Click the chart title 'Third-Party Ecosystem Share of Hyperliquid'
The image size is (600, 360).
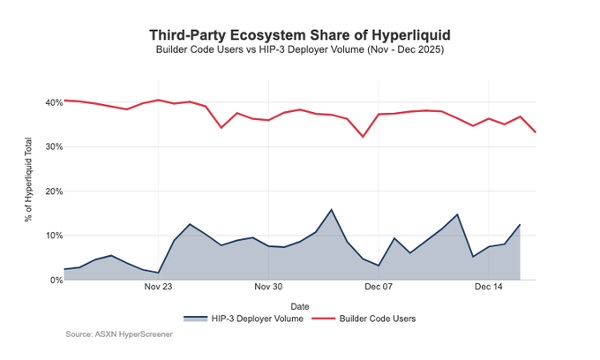pyautogui.click(x=300, y=34)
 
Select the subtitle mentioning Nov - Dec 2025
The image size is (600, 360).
pyautogui.click(x=300, y=50)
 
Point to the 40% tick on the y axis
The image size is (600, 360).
pyautogui.click(x=49, y=102)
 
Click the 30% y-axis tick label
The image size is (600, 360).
pyautogui.click(x=49, y=146)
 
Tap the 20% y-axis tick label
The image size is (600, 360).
pyautogui.click(x=49, y=191)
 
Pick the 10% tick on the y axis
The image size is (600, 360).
pyautogui.click(x=49, y=236)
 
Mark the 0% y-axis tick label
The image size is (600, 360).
pyautogui.click(x=52, y=280)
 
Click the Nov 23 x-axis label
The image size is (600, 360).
pyautogui.click(x=158, y=288)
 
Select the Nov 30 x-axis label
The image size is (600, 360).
pyautogui.click(x=268, y=288)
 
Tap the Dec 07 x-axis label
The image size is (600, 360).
pyautogui.click(x=379, y=288)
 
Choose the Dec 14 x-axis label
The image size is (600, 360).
pyautogui.click(x=489, y=288)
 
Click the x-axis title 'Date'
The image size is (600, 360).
pyautogui.click(x=299, y=304)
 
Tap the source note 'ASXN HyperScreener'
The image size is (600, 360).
pyautogui.click(x=118, y=334)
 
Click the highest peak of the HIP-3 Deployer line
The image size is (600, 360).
pyautogui.click(x=331, y=210)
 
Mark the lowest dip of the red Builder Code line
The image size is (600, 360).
pyautogui.click(x=363, y=137)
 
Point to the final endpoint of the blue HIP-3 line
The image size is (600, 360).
pyautogui.click(x=520, y=225)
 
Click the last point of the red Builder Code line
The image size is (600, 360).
pyautogui.click(x=536, y=132)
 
